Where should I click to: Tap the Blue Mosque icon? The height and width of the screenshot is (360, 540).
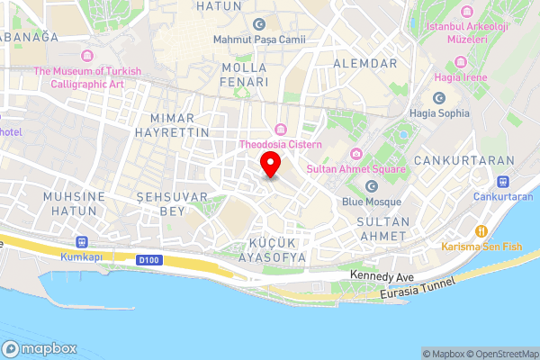(x=371, y=186)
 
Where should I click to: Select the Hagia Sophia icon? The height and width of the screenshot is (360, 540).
(x=439, y=98)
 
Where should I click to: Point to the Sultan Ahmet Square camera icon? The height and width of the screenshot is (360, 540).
(x=356, y=154)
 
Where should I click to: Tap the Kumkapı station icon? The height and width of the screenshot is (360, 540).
(x=83, y=241)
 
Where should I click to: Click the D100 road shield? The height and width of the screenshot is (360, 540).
(x=148, y=260)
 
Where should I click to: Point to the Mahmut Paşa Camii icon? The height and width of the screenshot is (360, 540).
(x=259, y=23)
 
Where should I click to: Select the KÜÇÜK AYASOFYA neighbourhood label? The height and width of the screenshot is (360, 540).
(x=277, y=249)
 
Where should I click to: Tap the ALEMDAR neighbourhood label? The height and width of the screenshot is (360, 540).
(x=364, y=63)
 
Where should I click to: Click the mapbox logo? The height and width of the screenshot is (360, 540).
(x=40, y=348)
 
